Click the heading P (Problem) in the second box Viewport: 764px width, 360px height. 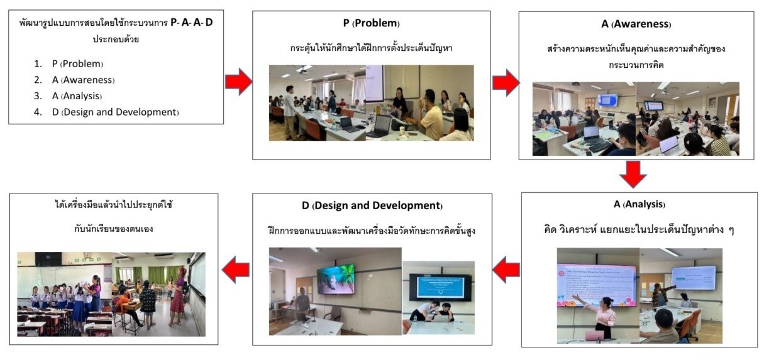click(371, 23)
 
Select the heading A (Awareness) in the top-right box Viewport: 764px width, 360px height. click(635, 25)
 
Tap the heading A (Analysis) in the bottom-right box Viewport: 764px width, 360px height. click(639, 205)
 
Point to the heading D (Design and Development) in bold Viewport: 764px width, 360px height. click(372, 205)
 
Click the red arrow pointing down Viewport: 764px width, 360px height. click(633, 175)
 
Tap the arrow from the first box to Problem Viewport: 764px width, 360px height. click(238, 81)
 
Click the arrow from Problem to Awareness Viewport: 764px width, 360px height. click(505, 82)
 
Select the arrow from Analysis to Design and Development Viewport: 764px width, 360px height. click(506, 270)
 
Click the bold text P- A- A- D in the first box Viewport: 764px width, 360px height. click(196, 23)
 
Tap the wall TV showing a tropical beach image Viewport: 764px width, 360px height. click(335, 279)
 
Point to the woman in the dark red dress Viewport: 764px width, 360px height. click(178, 292)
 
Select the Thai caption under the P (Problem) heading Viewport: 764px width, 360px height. click(371, 47)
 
